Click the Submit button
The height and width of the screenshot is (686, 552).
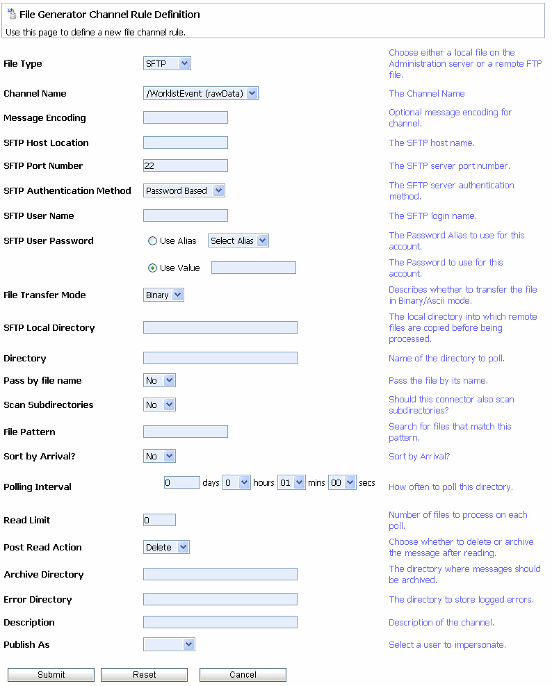coord(51,674)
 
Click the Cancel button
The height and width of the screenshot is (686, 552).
coord(243,674)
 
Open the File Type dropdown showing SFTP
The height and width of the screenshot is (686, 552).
coord(167,64)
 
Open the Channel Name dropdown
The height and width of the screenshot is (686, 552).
coord(200,94)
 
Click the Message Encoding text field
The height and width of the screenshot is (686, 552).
coord(185,118)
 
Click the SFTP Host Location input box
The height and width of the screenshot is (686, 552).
coord(185,143)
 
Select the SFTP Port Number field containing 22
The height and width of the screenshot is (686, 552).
coord(185,166)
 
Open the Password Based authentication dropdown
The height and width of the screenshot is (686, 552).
coord(184,191)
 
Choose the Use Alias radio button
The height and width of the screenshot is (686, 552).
coord(152,241)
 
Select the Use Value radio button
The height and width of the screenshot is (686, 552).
coord(152,268)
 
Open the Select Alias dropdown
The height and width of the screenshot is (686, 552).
coord(238,241)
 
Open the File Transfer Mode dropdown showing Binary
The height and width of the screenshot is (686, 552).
coord(163,295)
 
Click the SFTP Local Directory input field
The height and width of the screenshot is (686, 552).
coord(220,328)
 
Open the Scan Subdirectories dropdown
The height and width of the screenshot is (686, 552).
coord(159,405)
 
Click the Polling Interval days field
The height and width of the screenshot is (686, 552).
coord(181,483)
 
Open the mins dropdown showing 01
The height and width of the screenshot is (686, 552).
coord(291,483)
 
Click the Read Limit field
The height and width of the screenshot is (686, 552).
coord(159,521)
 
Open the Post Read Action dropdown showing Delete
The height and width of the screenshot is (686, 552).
coord(166,548)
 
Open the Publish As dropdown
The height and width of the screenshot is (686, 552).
coord(169,645)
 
